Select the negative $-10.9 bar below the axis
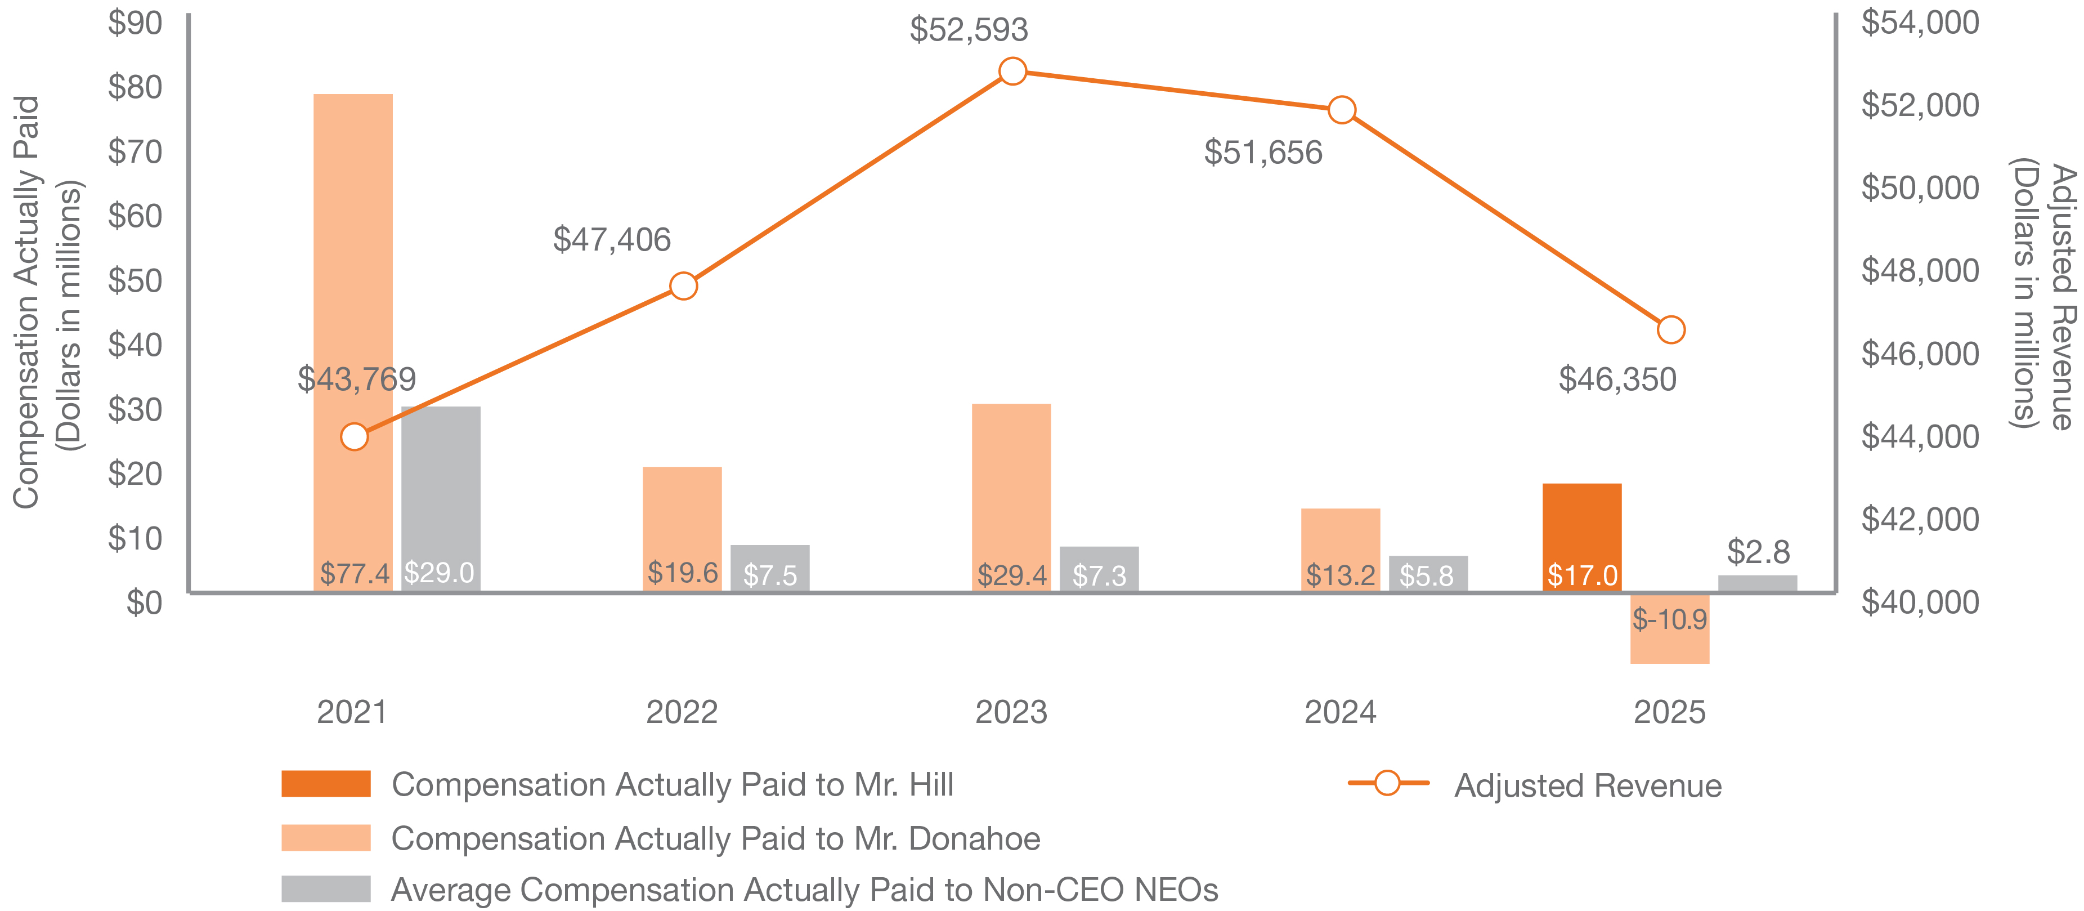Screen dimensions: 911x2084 pos(1670,629)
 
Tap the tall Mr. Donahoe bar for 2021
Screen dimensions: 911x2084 pos(353,324)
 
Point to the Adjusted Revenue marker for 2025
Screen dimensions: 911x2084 pos(1670,330)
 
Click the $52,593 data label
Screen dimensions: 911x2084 pos(969,30)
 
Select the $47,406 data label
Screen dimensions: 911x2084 pos(612,239)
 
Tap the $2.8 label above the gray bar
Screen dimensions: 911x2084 pos(1758,552)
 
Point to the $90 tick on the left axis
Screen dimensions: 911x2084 pos(135,24)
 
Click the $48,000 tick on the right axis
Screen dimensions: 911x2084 pos(1920,270)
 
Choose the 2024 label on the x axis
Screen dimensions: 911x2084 pos(1339,712)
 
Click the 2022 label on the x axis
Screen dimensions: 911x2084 pos(681,712)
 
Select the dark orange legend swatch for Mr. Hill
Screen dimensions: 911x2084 pos(326,783)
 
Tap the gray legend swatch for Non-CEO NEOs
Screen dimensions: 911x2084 pos(326,888)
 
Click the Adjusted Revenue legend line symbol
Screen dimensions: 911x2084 pos(1387,783)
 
